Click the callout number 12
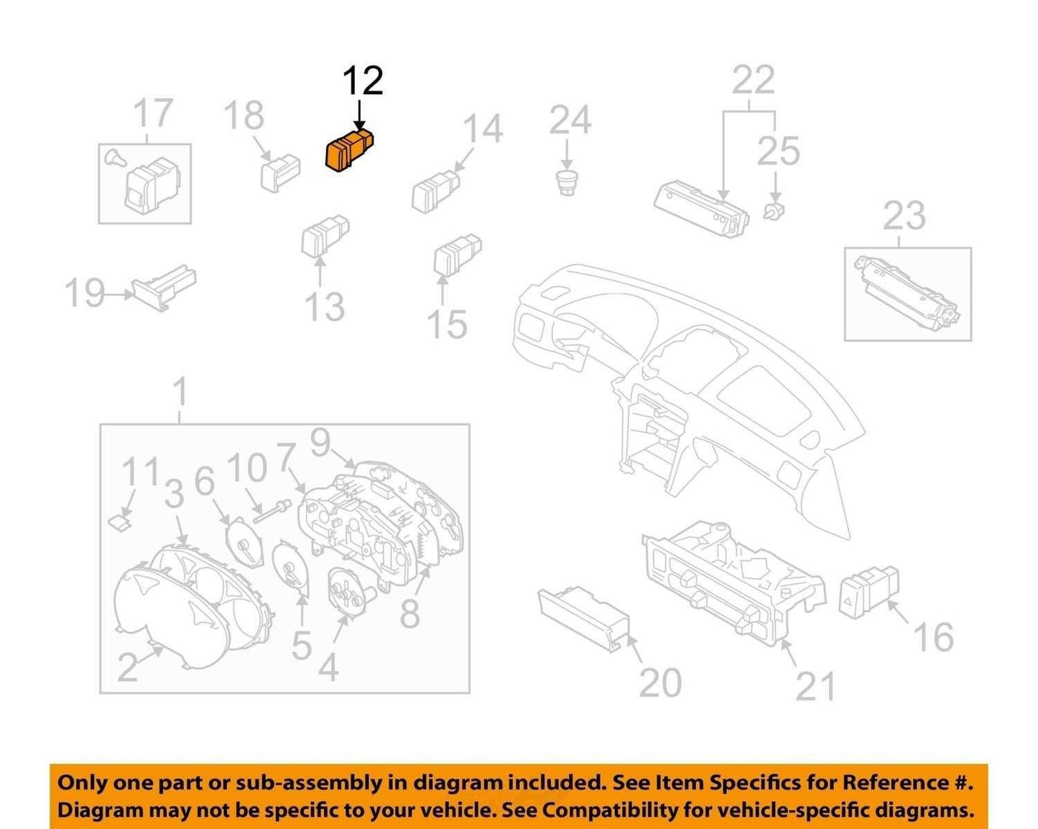click(363, 81)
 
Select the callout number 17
click(153, 113)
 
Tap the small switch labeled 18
click(279, 173)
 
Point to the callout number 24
click(570, 120)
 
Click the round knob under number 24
click(567, 183)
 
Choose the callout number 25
click(779, 151)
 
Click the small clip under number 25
click(773, 211)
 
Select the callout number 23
click(904, 216)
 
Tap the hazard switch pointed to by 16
click(868, 592)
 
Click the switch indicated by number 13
click(325, 236)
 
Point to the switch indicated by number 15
click(458, 254)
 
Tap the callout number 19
click(85, 293)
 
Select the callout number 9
click(321, 443)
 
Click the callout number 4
click(328, 666)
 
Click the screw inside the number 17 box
click(116, 157)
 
